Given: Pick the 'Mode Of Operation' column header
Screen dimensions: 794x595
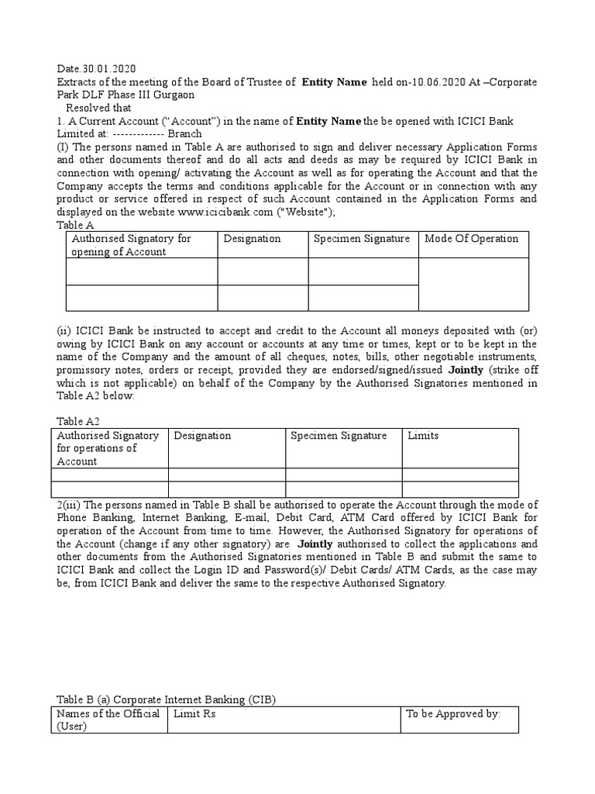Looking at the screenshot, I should click(471, 238).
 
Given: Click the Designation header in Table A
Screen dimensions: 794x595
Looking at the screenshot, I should click(252, 238).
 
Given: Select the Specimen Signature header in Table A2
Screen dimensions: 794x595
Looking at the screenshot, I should click(338, 435).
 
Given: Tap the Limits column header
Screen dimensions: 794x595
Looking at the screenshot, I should click(423, 435).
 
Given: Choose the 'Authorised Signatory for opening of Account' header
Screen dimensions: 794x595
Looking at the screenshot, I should click(131, 244).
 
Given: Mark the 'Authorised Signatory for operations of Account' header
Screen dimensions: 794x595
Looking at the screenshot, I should click(108, 448).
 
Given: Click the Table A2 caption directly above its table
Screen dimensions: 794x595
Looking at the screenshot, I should click(78, 420).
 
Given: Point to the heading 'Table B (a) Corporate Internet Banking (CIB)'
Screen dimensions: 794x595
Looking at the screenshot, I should click(167, 699).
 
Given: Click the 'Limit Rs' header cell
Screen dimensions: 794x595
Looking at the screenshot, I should click(195, 713).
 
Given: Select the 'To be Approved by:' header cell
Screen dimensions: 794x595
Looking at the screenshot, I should click(453, 713).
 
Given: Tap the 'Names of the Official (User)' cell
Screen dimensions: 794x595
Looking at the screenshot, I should click(108, 720).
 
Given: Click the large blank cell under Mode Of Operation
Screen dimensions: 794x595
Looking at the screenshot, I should click(473, 284).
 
